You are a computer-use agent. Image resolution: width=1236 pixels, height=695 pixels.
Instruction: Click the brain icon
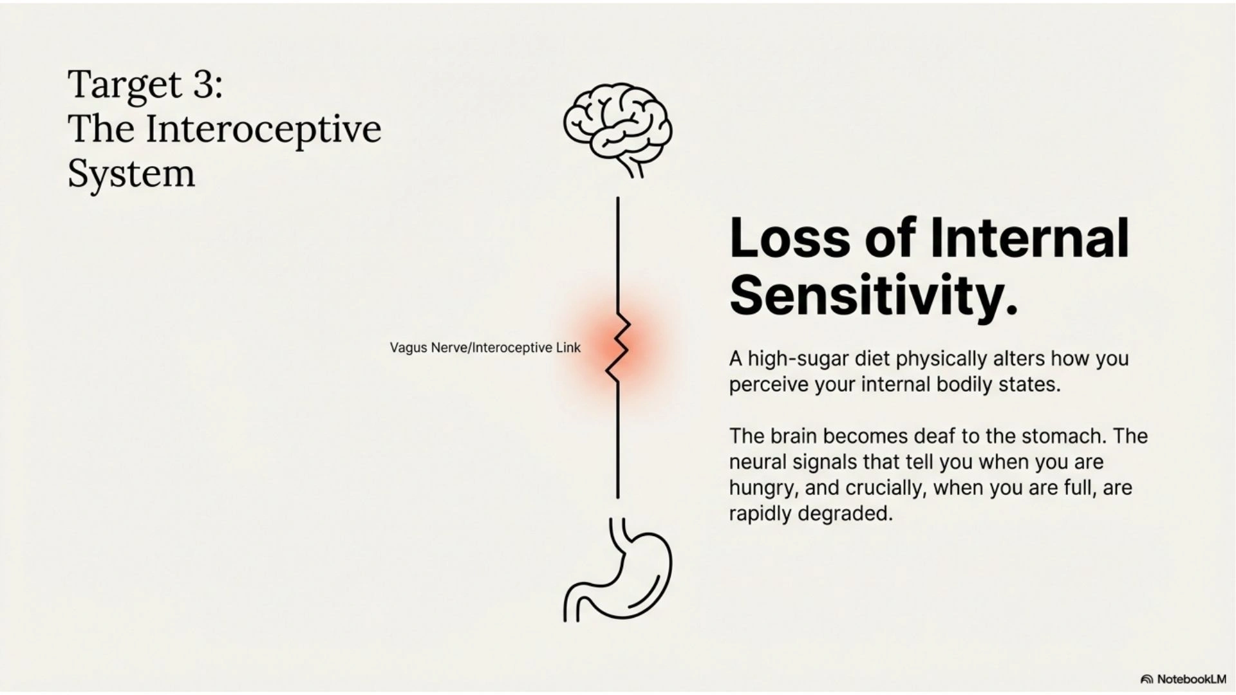(x=617, y=122)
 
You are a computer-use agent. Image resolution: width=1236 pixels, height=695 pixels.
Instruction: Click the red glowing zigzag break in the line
(x=617, y=347)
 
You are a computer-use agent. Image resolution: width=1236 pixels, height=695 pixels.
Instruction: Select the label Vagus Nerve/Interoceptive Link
(x=485, y=348)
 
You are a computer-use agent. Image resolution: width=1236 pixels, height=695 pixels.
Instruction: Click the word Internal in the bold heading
(x=1029, y=238)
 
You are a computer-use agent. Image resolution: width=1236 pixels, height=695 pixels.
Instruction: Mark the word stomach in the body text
(x=1063, y=436)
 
